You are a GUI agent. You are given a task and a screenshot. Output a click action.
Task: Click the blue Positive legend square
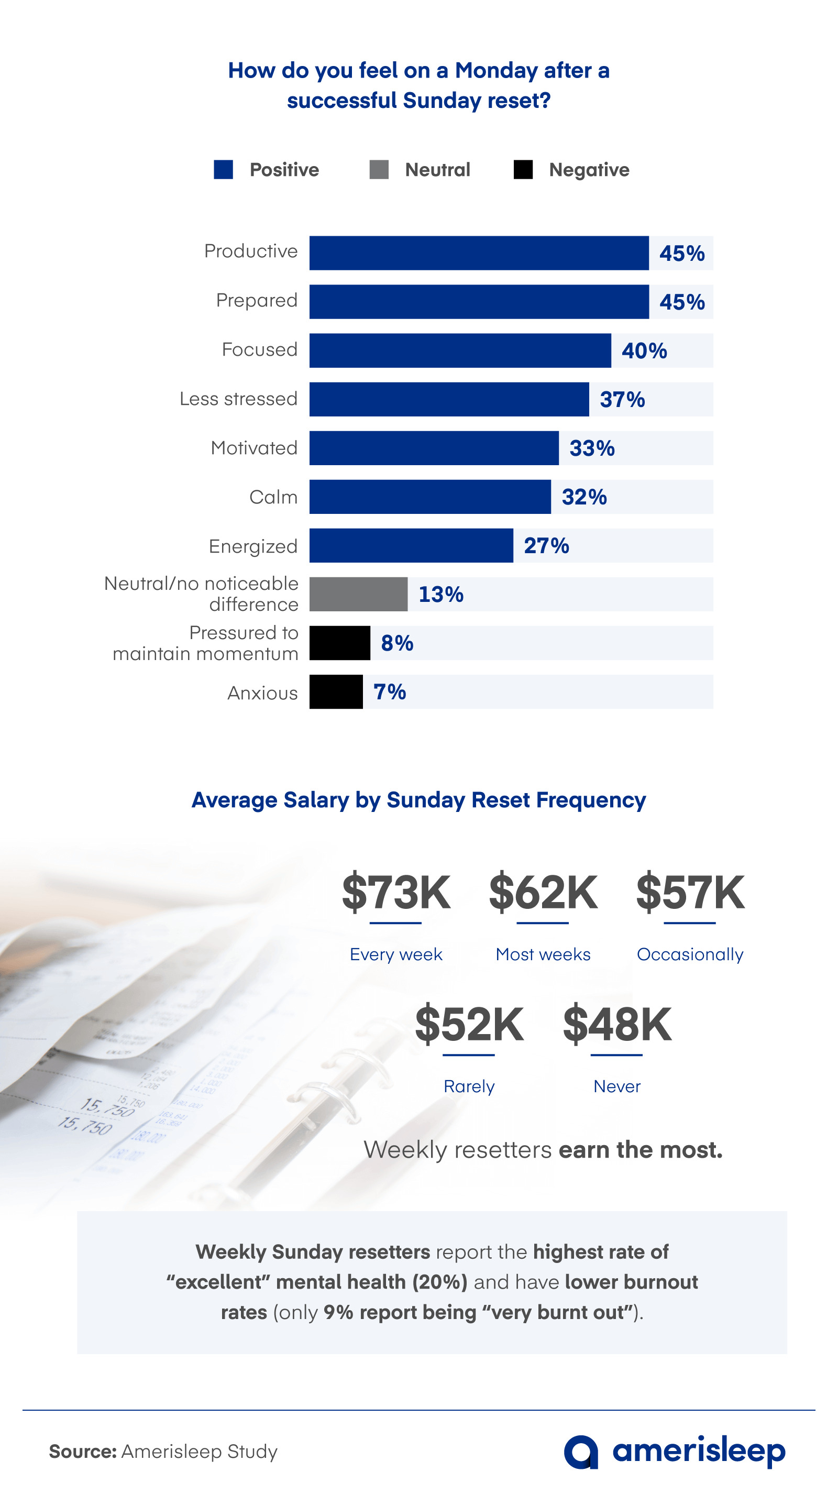[223, 169]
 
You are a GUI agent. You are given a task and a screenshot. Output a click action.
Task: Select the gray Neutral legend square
[379, 169]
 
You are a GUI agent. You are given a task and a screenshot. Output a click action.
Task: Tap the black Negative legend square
[523, 169]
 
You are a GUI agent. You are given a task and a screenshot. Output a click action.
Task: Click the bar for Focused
[459, 350]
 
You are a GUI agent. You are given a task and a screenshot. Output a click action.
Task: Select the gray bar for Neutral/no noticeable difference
[358, 594]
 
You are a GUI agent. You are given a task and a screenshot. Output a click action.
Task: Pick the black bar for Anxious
[336, 691]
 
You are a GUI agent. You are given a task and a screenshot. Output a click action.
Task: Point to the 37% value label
[622, 399]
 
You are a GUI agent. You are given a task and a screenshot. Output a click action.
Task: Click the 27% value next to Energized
[546, 545]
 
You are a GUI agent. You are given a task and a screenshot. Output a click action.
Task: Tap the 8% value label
[396, 643]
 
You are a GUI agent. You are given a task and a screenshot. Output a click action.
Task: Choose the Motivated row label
[254, 448]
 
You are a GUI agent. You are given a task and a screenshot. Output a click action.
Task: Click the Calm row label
[273, 497]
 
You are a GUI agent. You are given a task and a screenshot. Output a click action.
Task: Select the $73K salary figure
[396, 892]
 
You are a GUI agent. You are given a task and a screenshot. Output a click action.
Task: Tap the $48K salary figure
[617, 1024]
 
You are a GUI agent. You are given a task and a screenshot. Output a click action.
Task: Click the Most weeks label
[543, 954]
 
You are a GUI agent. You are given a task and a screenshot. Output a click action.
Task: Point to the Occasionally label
[690, 954]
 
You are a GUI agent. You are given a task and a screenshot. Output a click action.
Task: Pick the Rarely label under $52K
[469, 1086]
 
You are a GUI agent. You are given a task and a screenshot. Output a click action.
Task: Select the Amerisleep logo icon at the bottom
[580, 1452]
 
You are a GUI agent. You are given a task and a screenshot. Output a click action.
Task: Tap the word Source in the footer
[82, 1452]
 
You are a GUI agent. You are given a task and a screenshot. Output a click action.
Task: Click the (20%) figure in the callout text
[439, 1282]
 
